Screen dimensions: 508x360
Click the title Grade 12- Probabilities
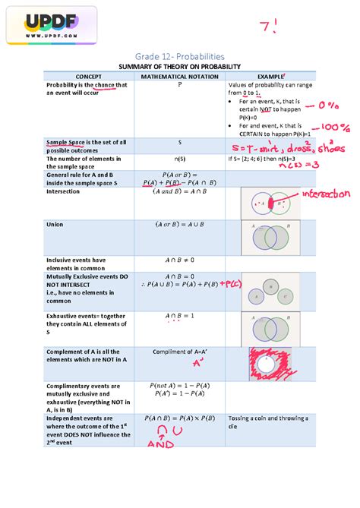tap(180, 57)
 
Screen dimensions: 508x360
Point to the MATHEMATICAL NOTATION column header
tap(179, 76)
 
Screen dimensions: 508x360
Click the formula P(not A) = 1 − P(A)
tap(179, 387)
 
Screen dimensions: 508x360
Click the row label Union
tap(55, 225)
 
